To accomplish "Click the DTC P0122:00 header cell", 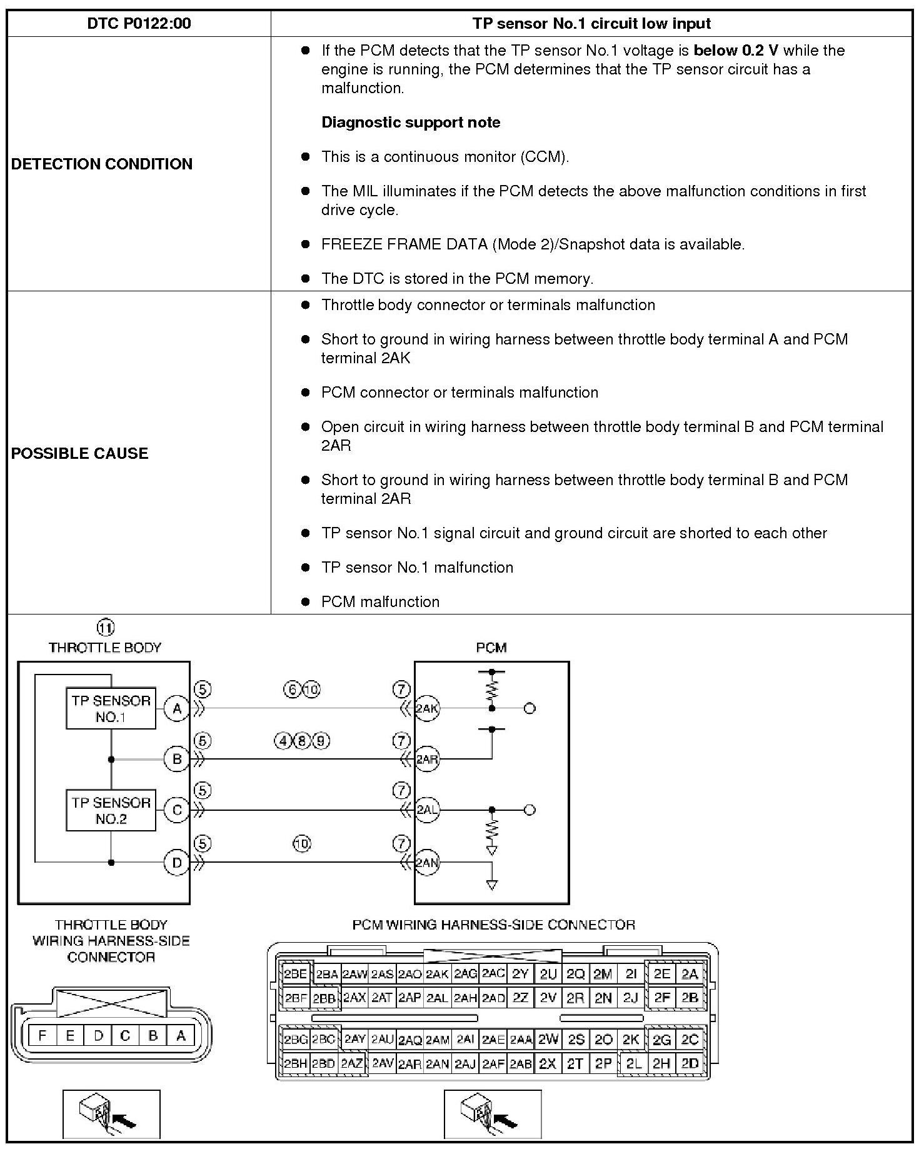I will click(x=139, y=24).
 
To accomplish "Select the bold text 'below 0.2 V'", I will click(x=735, y=51).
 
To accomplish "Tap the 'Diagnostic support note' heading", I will click(x=411, y=123).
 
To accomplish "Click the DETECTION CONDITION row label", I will click(x=102, y=164).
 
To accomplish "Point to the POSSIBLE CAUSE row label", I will click(x=80, y=453).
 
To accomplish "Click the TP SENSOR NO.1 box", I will click(x=111, y=709).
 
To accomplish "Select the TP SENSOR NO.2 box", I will click(x=111, y=811).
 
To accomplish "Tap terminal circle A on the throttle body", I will click(x=177, y=709).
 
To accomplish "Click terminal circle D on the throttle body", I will click(x=177, y=863).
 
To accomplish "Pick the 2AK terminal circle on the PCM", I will click(x=427, y=708).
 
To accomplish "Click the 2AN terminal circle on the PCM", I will click(x=427, y=863).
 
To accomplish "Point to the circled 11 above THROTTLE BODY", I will click(x=105, y=627).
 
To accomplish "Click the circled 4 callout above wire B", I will click(x=283, y=741).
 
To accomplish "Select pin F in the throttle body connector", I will click(x=42, y=1036).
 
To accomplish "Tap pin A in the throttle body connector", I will click(x=181, y=1036).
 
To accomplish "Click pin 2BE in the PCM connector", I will click(x=296, y=974).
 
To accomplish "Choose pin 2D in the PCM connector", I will click(x=690, y=1063).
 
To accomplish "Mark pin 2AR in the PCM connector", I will click(x=409, y=1064).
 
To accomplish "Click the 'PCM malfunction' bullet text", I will click(x=380, y=602).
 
